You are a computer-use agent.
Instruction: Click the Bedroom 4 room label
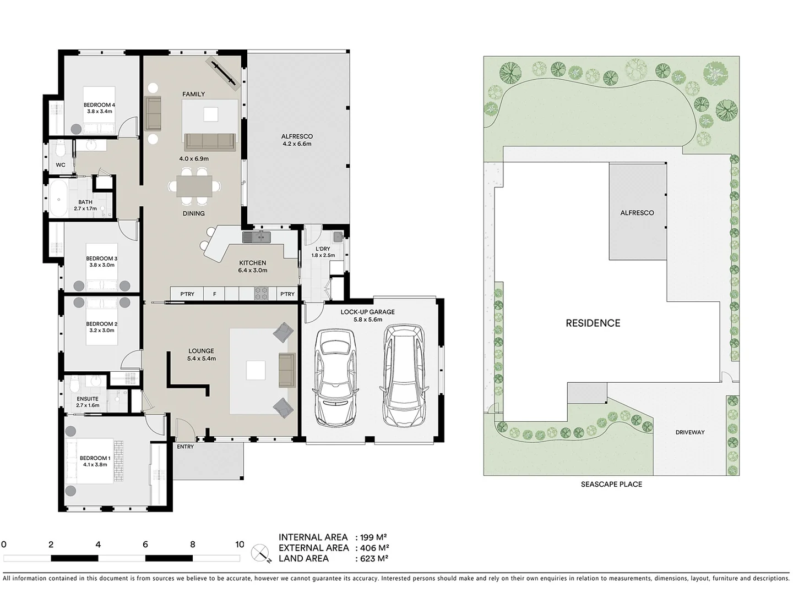pyautogui.click(x=99, y=105)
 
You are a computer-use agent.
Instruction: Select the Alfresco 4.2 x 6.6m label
pyautogui.click(x=297, y=140)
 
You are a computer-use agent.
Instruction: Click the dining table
pyautogui.click(x=194, y=186)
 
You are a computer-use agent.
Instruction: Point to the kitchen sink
pyautogui.click(x=256, y=237)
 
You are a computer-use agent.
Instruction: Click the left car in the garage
pyautogui.click(x=335, y=380)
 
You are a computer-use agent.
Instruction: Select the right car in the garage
pyautogui.click(x=404, y=375)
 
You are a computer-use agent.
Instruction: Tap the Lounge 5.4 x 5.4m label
pyautogui.click(x=201, y=355)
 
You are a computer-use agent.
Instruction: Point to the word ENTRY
pyautogui.click(x=186, y=447)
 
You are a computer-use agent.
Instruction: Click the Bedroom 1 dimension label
pyautogui.click(x=95, y=465)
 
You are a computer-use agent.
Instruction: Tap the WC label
pyautogui.click(x=61, y=165)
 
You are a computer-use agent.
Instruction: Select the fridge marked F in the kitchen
pyautogui.click(x=215, y=294)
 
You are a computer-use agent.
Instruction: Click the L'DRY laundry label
pyautogui.click(x=323, y=249)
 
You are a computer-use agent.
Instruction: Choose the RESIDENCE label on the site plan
pyautogui.click(x=593, y=323)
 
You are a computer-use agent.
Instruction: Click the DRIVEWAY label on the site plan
pyautogui.click(x=689, y=432)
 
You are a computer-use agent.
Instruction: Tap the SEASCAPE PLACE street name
pyautogui.click(x=611, y=485)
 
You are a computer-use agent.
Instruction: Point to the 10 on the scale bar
pyautogui.click(x=240, y=544)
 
